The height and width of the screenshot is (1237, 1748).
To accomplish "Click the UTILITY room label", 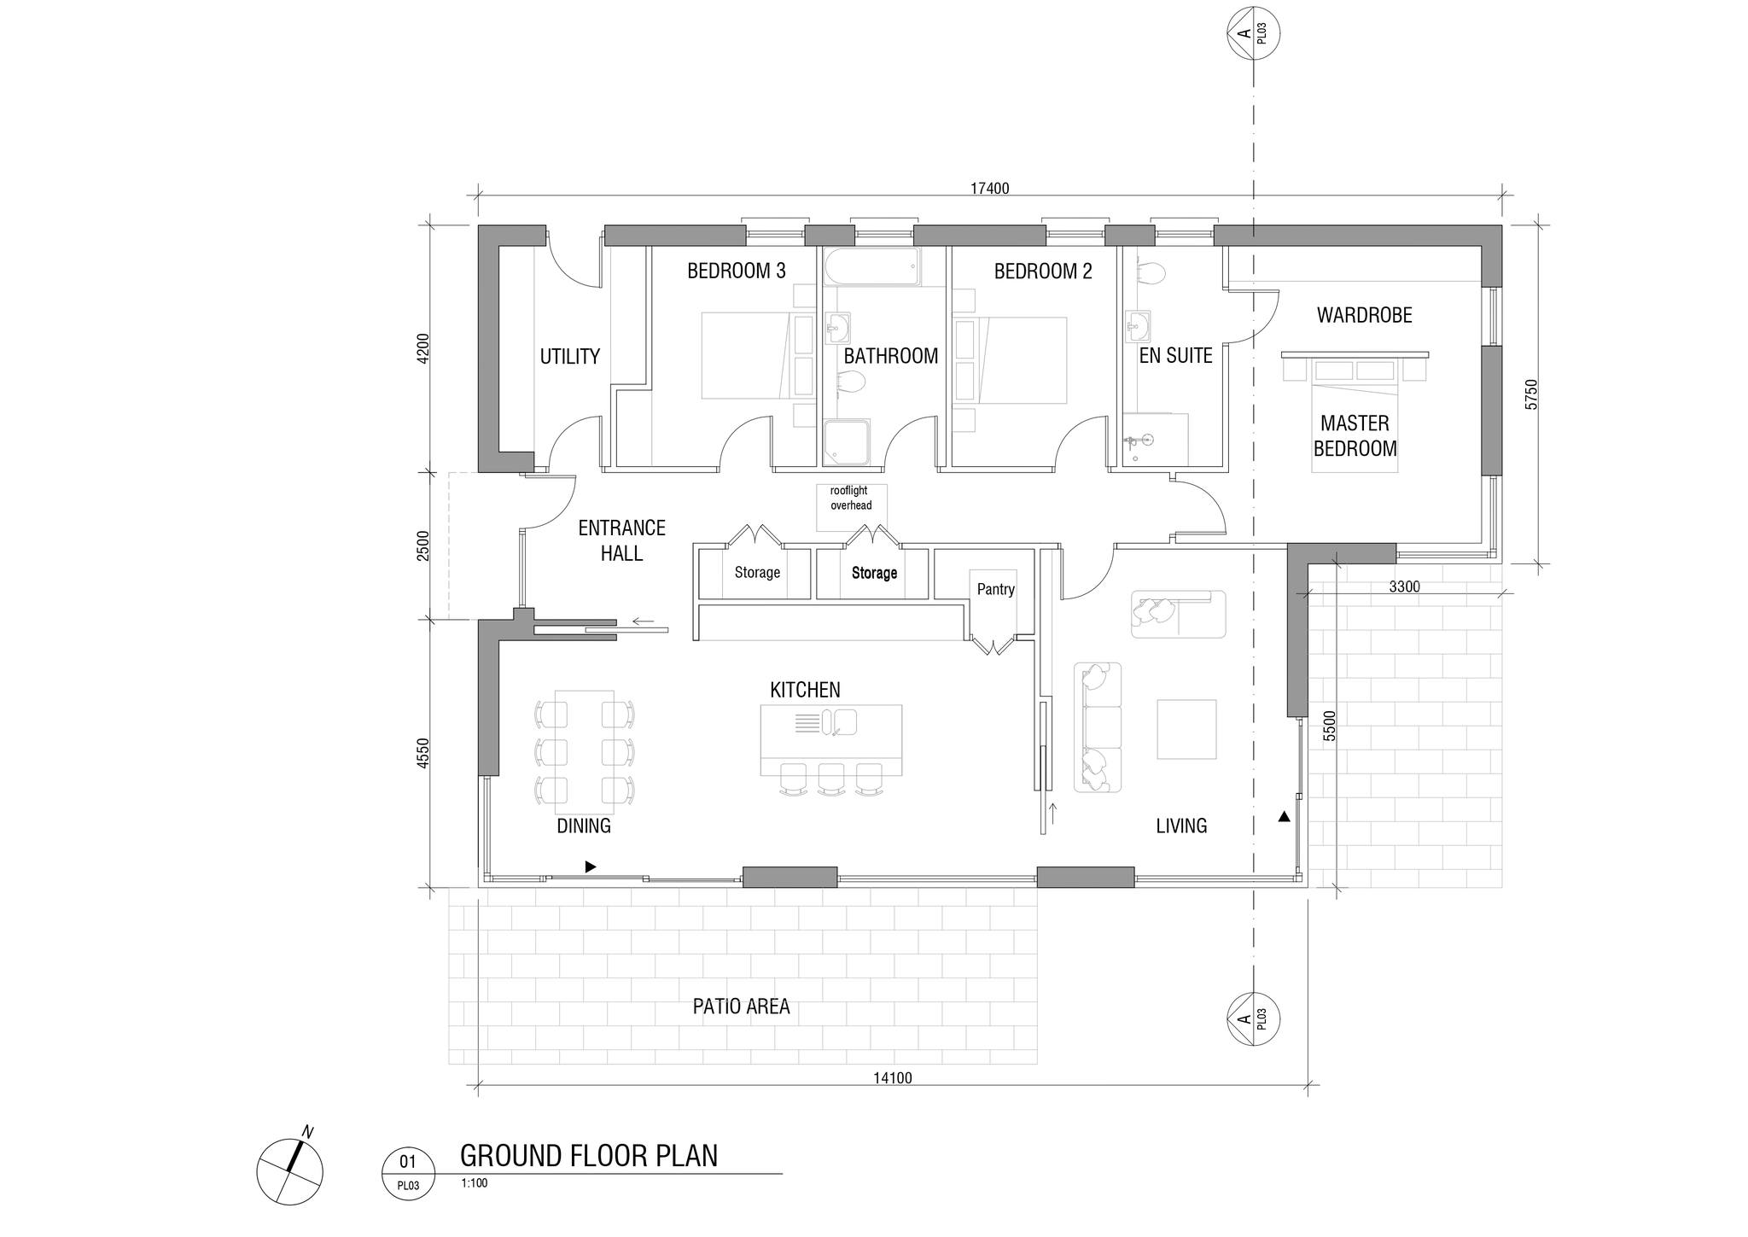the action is [x=570, y=357].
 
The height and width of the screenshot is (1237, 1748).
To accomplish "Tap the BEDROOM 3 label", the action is [x=737, y=271].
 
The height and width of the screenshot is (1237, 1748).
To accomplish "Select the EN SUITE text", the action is [x=1176, y=356].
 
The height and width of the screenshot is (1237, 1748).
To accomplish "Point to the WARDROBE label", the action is [x=1365, y=315].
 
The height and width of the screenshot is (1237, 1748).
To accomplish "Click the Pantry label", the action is [x=996, y=589].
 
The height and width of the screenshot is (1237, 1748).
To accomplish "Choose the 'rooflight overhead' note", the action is [x=851, y=499].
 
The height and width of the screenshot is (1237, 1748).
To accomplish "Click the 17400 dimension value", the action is [x=990, y=189].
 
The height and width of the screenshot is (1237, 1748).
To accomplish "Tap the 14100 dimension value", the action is [x=893, y=1078].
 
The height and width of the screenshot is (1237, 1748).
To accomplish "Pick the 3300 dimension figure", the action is [x=1404, y=586].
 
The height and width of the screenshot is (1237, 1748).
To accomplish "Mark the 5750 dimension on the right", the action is [x=1531, y=394].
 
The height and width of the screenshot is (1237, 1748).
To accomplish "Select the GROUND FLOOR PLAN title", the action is [x=589, y=1156].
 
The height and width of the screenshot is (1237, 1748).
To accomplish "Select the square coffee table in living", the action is [x=1186, y=729].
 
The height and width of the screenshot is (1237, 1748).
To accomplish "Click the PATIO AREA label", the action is [x=742, y=1007].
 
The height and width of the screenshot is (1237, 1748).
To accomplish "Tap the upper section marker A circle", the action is [x=1253, y=34].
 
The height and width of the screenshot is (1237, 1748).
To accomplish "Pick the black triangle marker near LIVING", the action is [x=1284, y=817].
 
